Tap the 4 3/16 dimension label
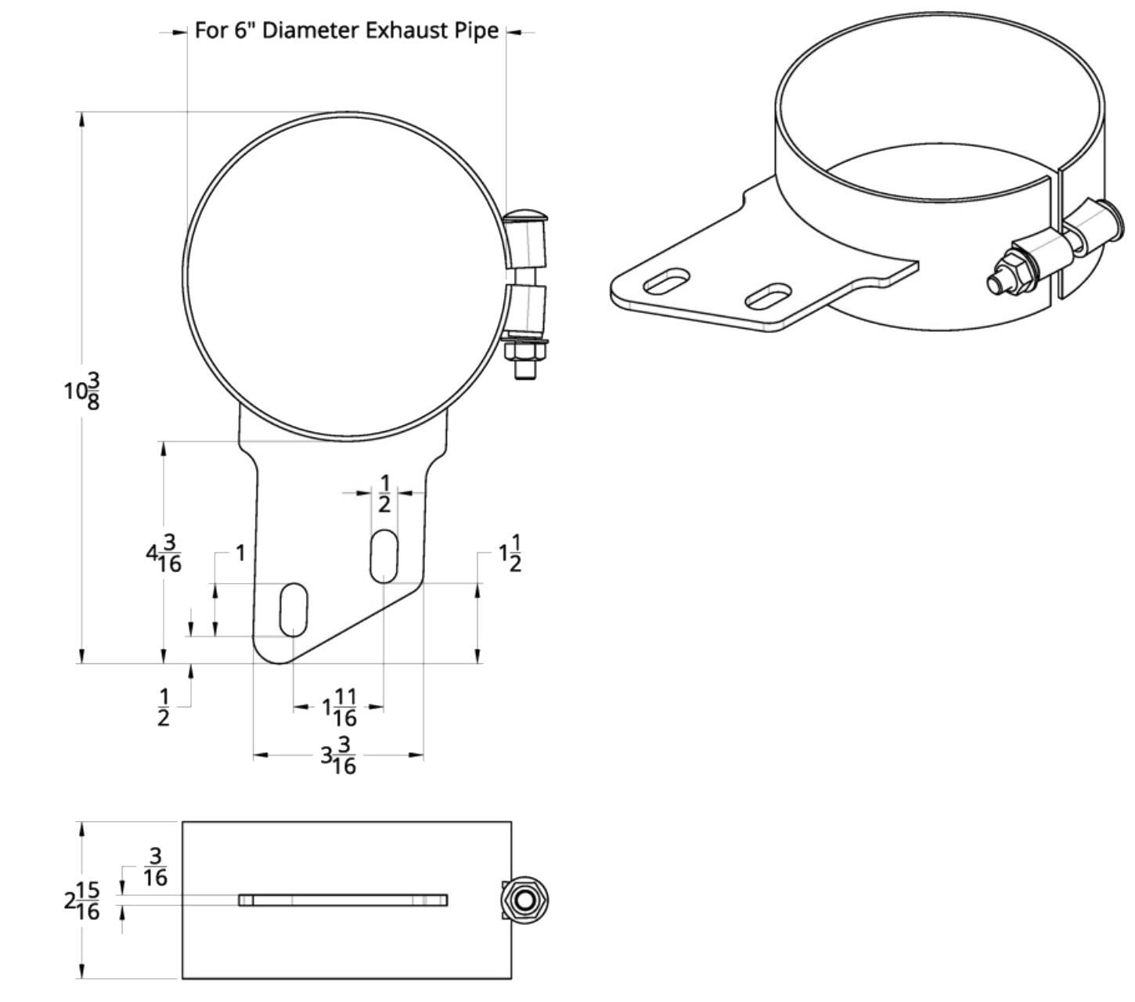coord(164,553)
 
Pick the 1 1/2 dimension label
coord(510,553)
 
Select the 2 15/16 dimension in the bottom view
coord(82,900)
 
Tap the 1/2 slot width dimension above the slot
coord(384,494)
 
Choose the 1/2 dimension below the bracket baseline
coord(164,707)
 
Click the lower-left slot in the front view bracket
coord(294,610)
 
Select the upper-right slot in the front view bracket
coord(384,556)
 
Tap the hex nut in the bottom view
coord(525,900)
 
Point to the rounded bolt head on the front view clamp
coord(525,215)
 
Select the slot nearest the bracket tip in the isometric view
coord(667,280)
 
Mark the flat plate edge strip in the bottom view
coord(343,900)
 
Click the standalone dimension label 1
coord(241,553)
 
